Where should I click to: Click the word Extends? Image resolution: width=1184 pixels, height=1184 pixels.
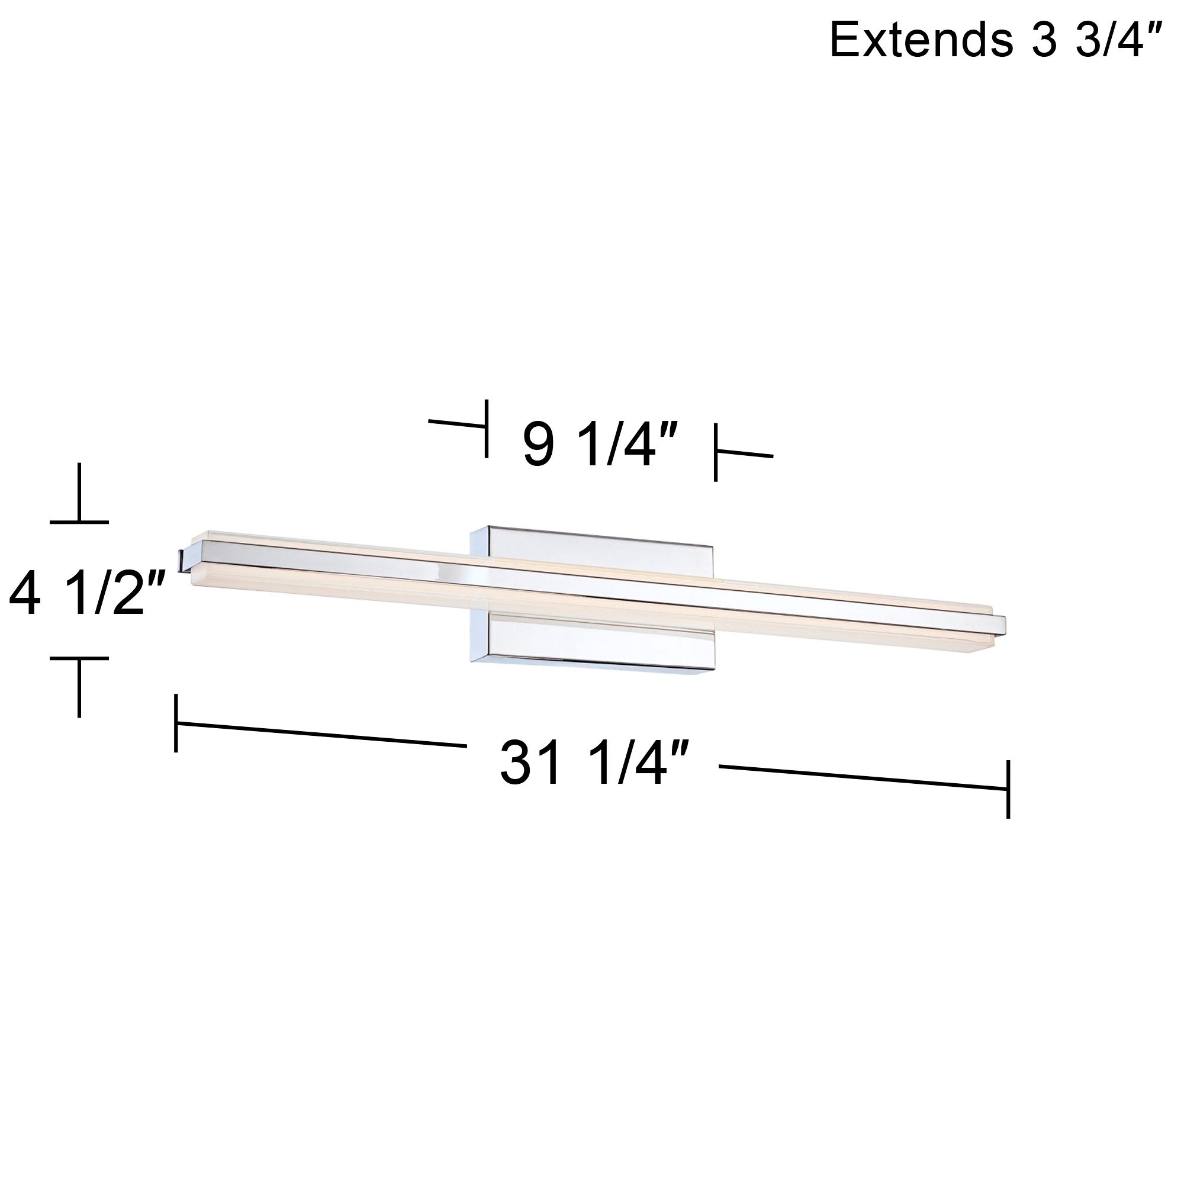pos(917,39)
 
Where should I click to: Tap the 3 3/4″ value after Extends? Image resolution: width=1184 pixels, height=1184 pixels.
pos(1090,39)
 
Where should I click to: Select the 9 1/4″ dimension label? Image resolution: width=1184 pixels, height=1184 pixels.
pos(600,446)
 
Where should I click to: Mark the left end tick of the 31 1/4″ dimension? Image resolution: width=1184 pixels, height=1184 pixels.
pos(176,723)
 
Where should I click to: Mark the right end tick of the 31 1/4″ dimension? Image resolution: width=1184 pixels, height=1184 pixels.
pos(1008,789)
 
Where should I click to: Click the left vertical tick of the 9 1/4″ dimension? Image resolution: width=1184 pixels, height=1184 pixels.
pos(487,429)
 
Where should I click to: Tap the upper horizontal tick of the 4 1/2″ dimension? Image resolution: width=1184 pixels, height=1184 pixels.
pos(79,522)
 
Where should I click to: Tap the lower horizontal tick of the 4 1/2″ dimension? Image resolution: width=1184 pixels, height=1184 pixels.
pos(79,658)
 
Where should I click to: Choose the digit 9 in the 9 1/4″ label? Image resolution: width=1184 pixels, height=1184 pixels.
pos(539,446)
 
